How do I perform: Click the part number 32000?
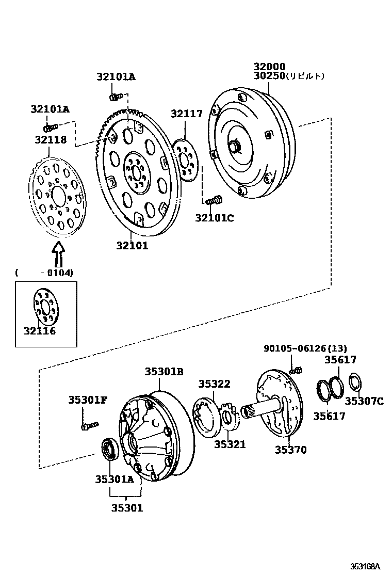pyautogui.click(x=269, y=67)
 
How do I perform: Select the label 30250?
pyautogui.click(x=269, y=76)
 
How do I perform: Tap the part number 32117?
pyautogui.click(x=187, y=114)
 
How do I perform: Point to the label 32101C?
pyautogui.click(x=214, y=218)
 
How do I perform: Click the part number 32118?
pyautogui.click(x=51, y=139)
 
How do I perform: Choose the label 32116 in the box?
pyautogui.click(x=39, y=331)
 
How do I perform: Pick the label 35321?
pyautogui.click(x=230, y=444)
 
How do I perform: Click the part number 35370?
pyautogui.click(x=290, y=450)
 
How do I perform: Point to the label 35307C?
pyautogui.click(x=364, y=401)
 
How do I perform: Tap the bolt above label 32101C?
pyautogui.click(x=214, y=200)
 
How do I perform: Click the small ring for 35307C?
pyautogui.click(x=355, y=382)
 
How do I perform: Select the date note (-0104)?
pyautogui.click(x=44, y=273)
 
